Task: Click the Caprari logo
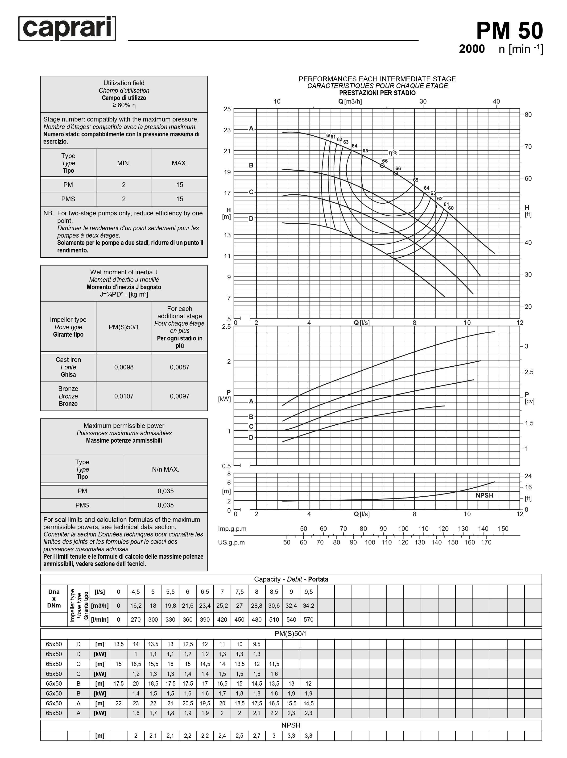click(67, 29)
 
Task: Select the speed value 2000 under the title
click(472, 49)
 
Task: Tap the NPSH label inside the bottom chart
click(484, 495)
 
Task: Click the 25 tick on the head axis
click(227, 109)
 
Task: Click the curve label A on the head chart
click(251, 129)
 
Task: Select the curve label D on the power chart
click(251, 438)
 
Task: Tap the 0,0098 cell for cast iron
click(124, 367)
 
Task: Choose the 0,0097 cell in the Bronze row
click(179, 396)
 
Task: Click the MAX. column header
click(179, 163)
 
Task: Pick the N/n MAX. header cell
click(166, 469)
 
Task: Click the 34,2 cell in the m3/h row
click(308, 606)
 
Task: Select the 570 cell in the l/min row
click(308, 620)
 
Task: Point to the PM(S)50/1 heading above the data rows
click(291, 634)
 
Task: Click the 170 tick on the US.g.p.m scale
click(486, 542)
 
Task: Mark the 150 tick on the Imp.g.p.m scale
click(503, 529)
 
